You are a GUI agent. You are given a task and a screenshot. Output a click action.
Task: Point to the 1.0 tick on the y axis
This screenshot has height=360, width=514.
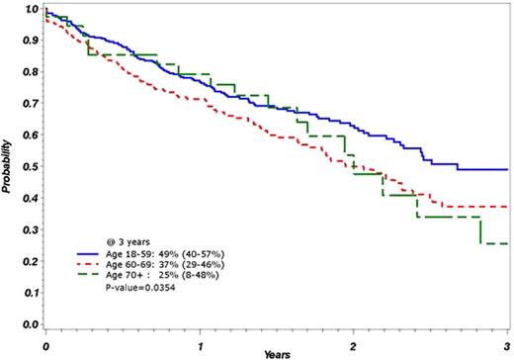pos(31,10)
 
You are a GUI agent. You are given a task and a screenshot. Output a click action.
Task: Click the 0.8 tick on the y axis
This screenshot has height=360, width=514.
pos(31,72)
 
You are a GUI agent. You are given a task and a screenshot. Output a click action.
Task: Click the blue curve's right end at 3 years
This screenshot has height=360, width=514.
pos(506,169)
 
